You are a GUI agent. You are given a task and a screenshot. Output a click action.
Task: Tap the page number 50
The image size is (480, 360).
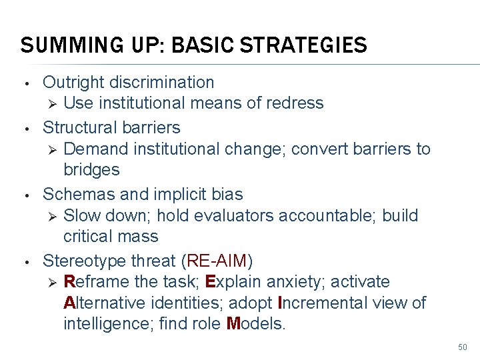pyautogui.click(x=463, y=347)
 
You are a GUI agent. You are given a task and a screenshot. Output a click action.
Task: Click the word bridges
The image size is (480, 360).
pyautogui.click(x=91, y=169)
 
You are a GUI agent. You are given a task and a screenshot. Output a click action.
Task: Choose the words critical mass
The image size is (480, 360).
pyautogui.click(x=111, y=237)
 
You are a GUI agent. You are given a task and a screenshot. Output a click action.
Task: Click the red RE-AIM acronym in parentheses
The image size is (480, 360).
pyautogui.click(x=218, y=260)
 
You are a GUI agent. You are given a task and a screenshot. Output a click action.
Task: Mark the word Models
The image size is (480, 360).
pyautogui.click(x=255, y=325)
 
